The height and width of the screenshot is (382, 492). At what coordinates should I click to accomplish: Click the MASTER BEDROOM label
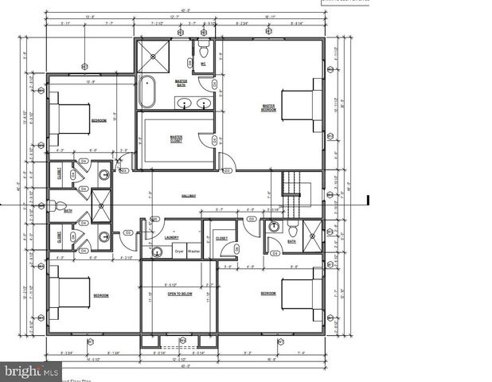coord(268,108)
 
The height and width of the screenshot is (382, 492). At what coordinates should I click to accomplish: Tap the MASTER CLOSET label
coord(177,138)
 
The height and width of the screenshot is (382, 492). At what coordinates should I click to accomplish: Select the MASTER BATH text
coord(182,82)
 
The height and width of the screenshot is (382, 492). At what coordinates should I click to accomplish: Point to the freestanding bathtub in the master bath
coord(148,92)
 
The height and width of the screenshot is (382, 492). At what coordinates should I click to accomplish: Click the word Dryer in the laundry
coord(179,251)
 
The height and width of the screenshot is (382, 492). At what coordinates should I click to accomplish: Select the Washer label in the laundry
coord(193,251)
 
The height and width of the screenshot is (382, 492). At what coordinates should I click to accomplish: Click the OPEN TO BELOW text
coord(181,294)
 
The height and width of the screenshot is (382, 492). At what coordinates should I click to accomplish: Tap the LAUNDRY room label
coord(171,237)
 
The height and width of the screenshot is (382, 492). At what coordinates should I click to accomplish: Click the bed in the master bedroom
coord(298,105)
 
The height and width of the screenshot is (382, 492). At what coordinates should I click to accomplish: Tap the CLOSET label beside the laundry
coord(221,238)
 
